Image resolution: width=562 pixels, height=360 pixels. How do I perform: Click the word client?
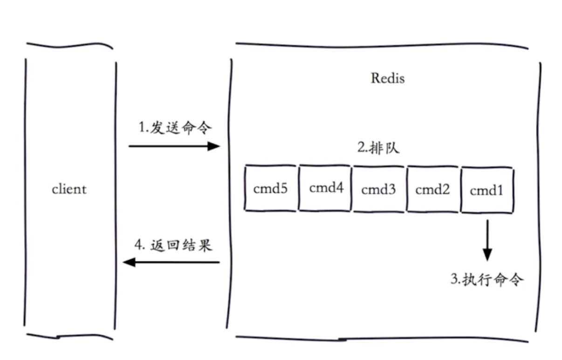69,189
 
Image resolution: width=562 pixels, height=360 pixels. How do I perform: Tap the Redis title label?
388,78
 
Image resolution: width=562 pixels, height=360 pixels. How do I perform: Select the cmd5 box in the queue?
270,188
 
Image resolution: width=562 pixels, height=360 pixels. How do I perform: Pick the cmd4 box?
326,188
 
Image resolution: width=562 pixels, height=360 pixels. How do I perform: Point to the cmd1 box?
487,190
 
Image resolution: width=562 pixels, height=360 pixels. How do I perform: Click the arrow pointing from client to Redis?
172,146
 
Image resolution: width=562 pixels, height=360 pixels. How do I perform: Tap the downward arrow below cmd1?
487,240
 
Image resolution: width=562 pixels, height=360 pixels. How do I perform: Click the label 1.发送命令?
175,128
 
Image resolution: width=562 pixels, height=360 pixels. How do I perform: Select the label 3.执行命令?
487,280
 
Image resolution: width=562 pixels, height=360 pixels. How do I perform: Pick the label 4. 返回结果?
174,245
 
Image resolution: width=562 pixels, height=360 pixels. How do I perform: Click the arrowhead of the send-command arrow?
214,146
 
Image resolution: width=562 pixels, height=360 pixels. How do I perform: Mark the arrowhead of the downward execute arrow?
487,255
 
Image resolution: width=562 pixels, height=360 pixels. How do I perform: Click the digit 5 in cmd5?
283,188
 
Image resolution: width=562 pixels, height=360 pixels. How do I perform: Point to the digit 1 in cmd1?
500,190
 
